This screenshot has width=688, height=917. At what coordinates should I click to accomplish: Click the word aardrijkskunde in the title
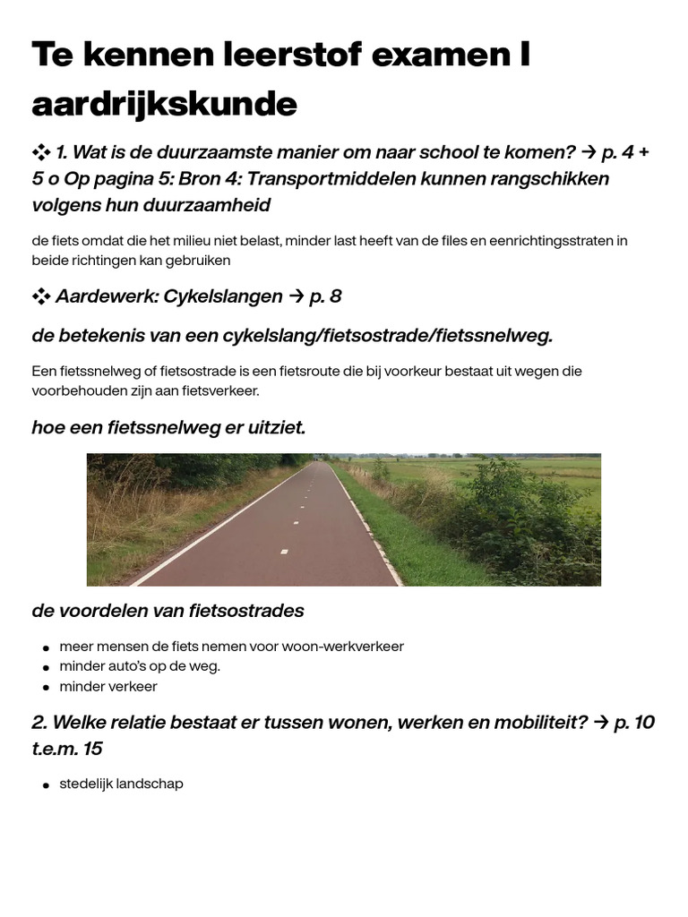(x=164, y=105)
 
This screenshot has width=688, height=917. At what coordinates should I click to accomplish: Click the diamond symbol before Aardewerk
(x=41, y=296)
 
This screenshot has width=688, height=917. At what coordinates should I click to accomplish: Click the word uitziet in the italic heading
(x=276, y=428)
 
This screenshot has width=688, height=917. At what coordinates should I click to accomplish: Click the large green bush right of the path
(x=520, y=519)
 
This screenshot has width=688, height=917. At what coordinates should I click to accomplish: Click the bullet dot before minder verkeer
(x=46, y=688)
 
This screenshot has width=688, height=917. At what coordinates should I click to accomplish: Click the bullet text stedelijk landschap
(x=121, y=784)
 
